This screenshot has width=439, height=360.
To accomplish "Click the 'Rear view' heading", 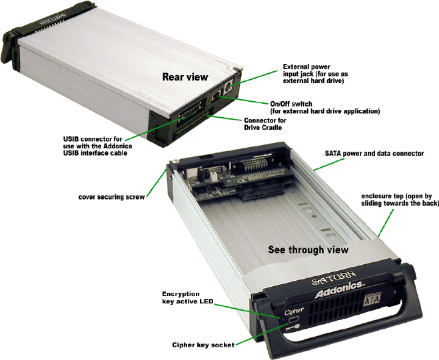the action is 185,77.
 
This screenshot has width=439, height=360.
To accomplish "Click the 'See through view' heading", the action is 308,250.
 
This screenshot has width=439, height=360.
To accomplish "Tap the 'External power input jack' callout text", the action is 315,74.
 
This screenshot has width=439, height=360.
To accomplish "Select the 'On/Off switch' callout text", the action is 325,107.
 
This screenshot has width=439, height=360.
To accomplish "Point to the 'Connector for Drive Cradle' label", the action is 265,124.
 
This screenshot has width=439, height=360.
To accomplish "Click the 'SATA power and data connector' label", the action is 374,153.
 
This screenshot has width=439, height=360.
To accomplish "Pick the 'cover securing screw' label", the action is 111,197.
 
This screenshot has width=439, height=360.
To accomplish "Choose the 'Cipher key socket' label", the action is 203,345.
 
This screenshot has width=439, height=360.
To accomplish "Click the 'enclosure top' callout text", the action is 400,200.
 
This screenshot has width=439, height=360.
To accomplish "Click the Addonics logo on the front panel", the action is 339,289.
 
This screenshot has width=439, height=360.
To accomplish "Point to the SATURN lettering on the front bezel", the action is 334,277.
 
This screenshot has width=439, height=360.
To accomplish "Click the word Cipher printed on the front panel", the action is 294,311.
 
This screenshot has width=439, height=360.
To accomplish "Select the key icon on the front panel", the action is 293,327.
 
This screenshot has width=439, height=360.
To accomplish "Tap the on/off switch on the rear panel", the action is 216,96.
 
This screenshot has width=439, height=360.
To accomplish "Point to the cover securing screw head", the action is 176,161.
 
